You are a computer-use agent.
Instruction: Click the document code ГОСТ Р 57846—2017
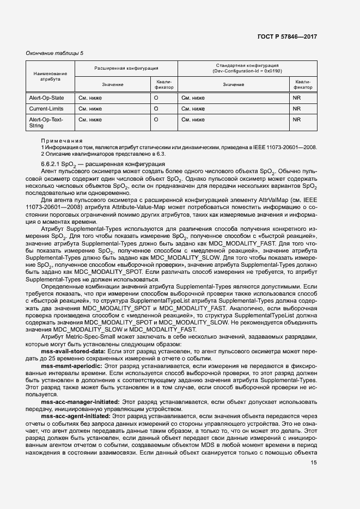click(x=287, y=36)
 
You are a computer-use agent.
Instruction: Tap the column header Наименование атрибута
click(x=50, y=76)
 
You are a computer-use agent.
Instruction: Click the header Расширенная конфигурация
click(x=126, y=69)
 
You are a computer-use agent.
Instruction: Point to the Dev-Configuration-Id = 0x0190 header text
click(x=248, y=71)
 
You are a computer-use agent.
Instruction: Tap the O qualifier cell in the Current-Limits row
click(x=156, y=109)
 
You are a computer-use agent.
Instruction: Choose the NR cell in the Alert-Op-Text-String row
click(x=297, y=119)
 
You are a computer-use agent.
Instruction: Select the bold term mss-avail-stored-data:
click(x=71, y=352)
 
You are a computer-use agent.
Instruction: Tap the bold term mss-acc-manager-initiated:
click(x=80, y=401)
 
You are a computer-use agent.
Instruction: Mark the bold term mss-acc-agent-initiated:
click(x=76, y=415)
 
